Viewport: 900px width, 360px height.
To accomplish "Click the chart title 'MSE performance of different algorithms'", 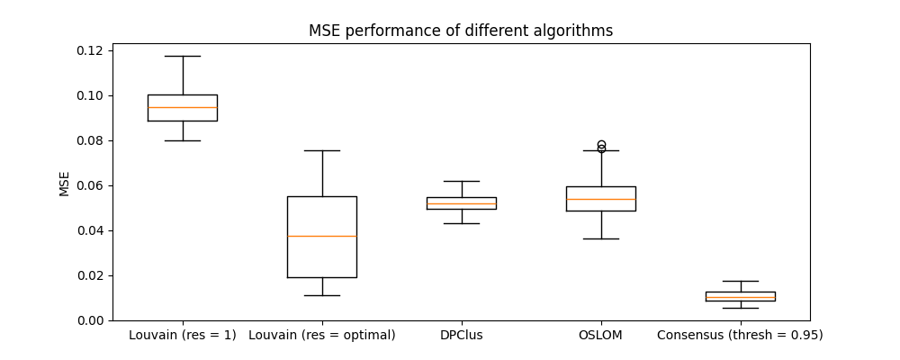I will (x=461, y=31).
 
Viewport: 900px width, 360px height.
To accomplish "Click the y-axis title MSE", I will (x=65, y=183).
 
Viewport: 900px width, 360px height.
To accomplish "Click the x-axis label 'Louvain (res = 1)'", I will (x=183, y=336).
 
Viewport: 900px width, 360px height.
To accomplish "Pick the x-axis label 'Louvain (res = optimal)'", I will (x=322, y=336).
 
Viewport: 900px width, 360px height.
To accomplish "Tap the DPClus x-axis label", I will (x=462, y=336).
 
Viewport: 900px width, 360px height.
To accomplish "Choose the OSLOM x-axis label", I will (x=600, y=336).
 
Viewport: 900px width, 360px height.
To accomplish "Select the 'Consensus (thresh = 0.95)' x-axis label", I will (x=740, y=336).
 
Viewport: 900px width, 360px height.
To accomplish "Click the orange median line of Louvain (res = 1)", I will (x=183, y=107).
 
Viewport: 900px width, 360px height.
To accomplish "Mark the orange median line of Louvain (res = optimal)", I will (x=322, y=236).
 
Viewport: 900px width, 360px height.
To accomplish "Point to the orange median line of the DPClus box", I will (x=462, y=203).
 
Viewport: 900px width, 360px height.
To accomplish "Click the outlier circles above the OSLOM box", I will (x=601, y=147).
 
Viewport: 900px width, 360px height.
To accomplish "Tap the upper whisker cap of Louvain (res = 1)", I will (x=183, y=56).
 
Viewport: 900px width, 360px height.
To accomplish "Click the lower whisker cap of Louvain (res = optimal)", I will (x=322, y=295).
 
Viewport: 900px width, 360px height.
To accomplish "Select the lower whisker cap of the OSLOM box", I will (x=601, y=238).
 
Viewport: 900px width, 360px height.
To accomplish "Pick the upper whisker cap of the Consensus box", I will (x=740, y=281).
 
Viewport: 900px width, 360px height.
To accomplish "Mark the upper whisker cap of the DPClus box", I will (x=462, y=181).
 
